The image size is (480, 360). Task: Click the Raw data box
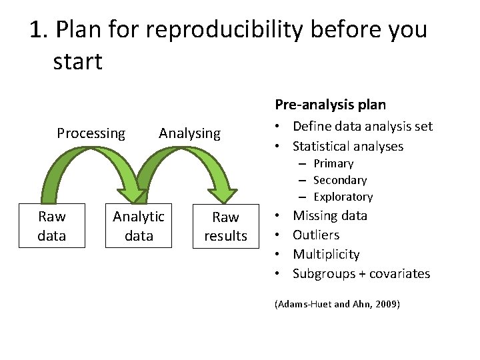(52, 226)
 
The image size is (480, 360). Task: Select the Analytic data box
(139, 226)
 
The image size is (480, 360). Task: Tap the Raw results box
(225, 227)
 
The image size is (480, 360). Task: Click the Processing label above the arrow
(91, 133)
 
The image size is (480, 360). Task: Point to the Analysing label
(189, 133)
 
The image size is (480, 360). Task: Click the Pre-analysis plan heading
(330, 105)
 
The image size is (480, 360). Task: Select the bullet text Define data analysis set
(363, 126)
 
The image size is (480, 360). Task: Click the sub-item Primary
(333, 163)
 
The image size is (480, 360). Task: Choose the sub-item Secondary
(340, 180)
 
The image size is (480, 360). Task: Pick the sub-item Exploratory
(343, 197)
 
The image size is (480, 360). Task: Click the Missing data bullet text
(330, 215)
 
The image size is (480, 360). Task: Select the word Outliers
(316, 235)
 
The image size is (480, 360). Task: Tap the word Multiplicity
(326, 254)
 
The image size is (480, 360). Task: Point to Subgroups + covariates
(361, 273)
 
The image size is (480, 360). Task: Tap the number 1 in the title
(37, 30)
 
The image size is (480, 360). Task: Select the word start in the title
(77, 62)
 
